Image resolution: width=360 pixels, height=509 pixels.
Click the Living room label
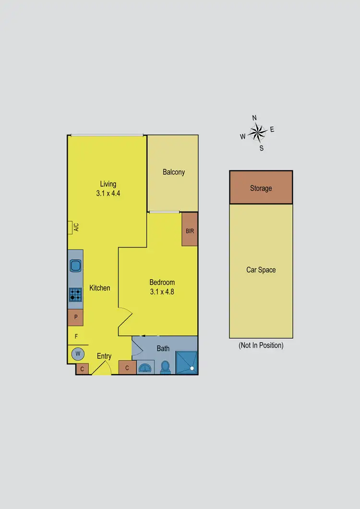[x=108, y=184]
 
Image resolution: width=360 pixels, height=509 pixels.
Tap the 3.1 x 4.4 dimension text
[x=108, y=193]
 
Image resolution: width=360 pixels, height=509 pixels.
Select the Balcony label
[x=173, y=172]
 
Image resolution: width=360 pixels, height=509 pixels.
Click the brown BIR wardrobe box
[x=190, y=230]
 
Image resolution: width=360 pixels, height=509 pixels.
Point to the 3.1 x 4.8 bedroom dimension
[x=162, y=291]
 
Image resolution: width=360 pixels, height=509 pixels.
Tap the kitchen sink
[x=76, y=265]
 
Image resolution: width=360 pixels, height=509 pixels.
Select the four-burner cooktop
[x=75, y=294]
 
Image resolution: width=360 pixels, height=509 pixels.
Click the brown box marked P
[x=75, y=317]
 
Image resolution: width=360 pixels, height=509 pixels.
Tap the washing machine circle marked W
[x=76, y=354]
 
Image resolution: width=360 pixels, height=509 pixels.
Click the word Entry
[x=104, y=356]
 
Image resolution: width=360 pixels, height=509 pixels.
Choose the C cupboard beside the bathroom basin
[x=127, y=368]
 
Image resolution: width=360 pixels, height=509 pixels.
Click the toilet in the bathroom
[x=166, y=367]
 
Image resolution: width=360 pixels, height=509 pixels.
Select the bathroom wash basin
[x=145, y=368]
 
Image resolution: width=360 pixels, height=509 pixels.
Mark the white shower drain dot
[x=192, y=368]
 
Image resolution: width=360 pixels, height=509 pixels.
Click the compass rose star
[x=258, y=131]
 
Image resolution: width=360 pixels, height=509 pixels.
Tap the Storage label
[x=261, y=188]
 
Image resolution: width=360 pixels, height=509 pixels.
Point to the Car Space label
[x=261, y=270]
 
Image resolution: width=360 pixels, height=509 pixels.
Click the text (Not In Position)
[x=261, y=345]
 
